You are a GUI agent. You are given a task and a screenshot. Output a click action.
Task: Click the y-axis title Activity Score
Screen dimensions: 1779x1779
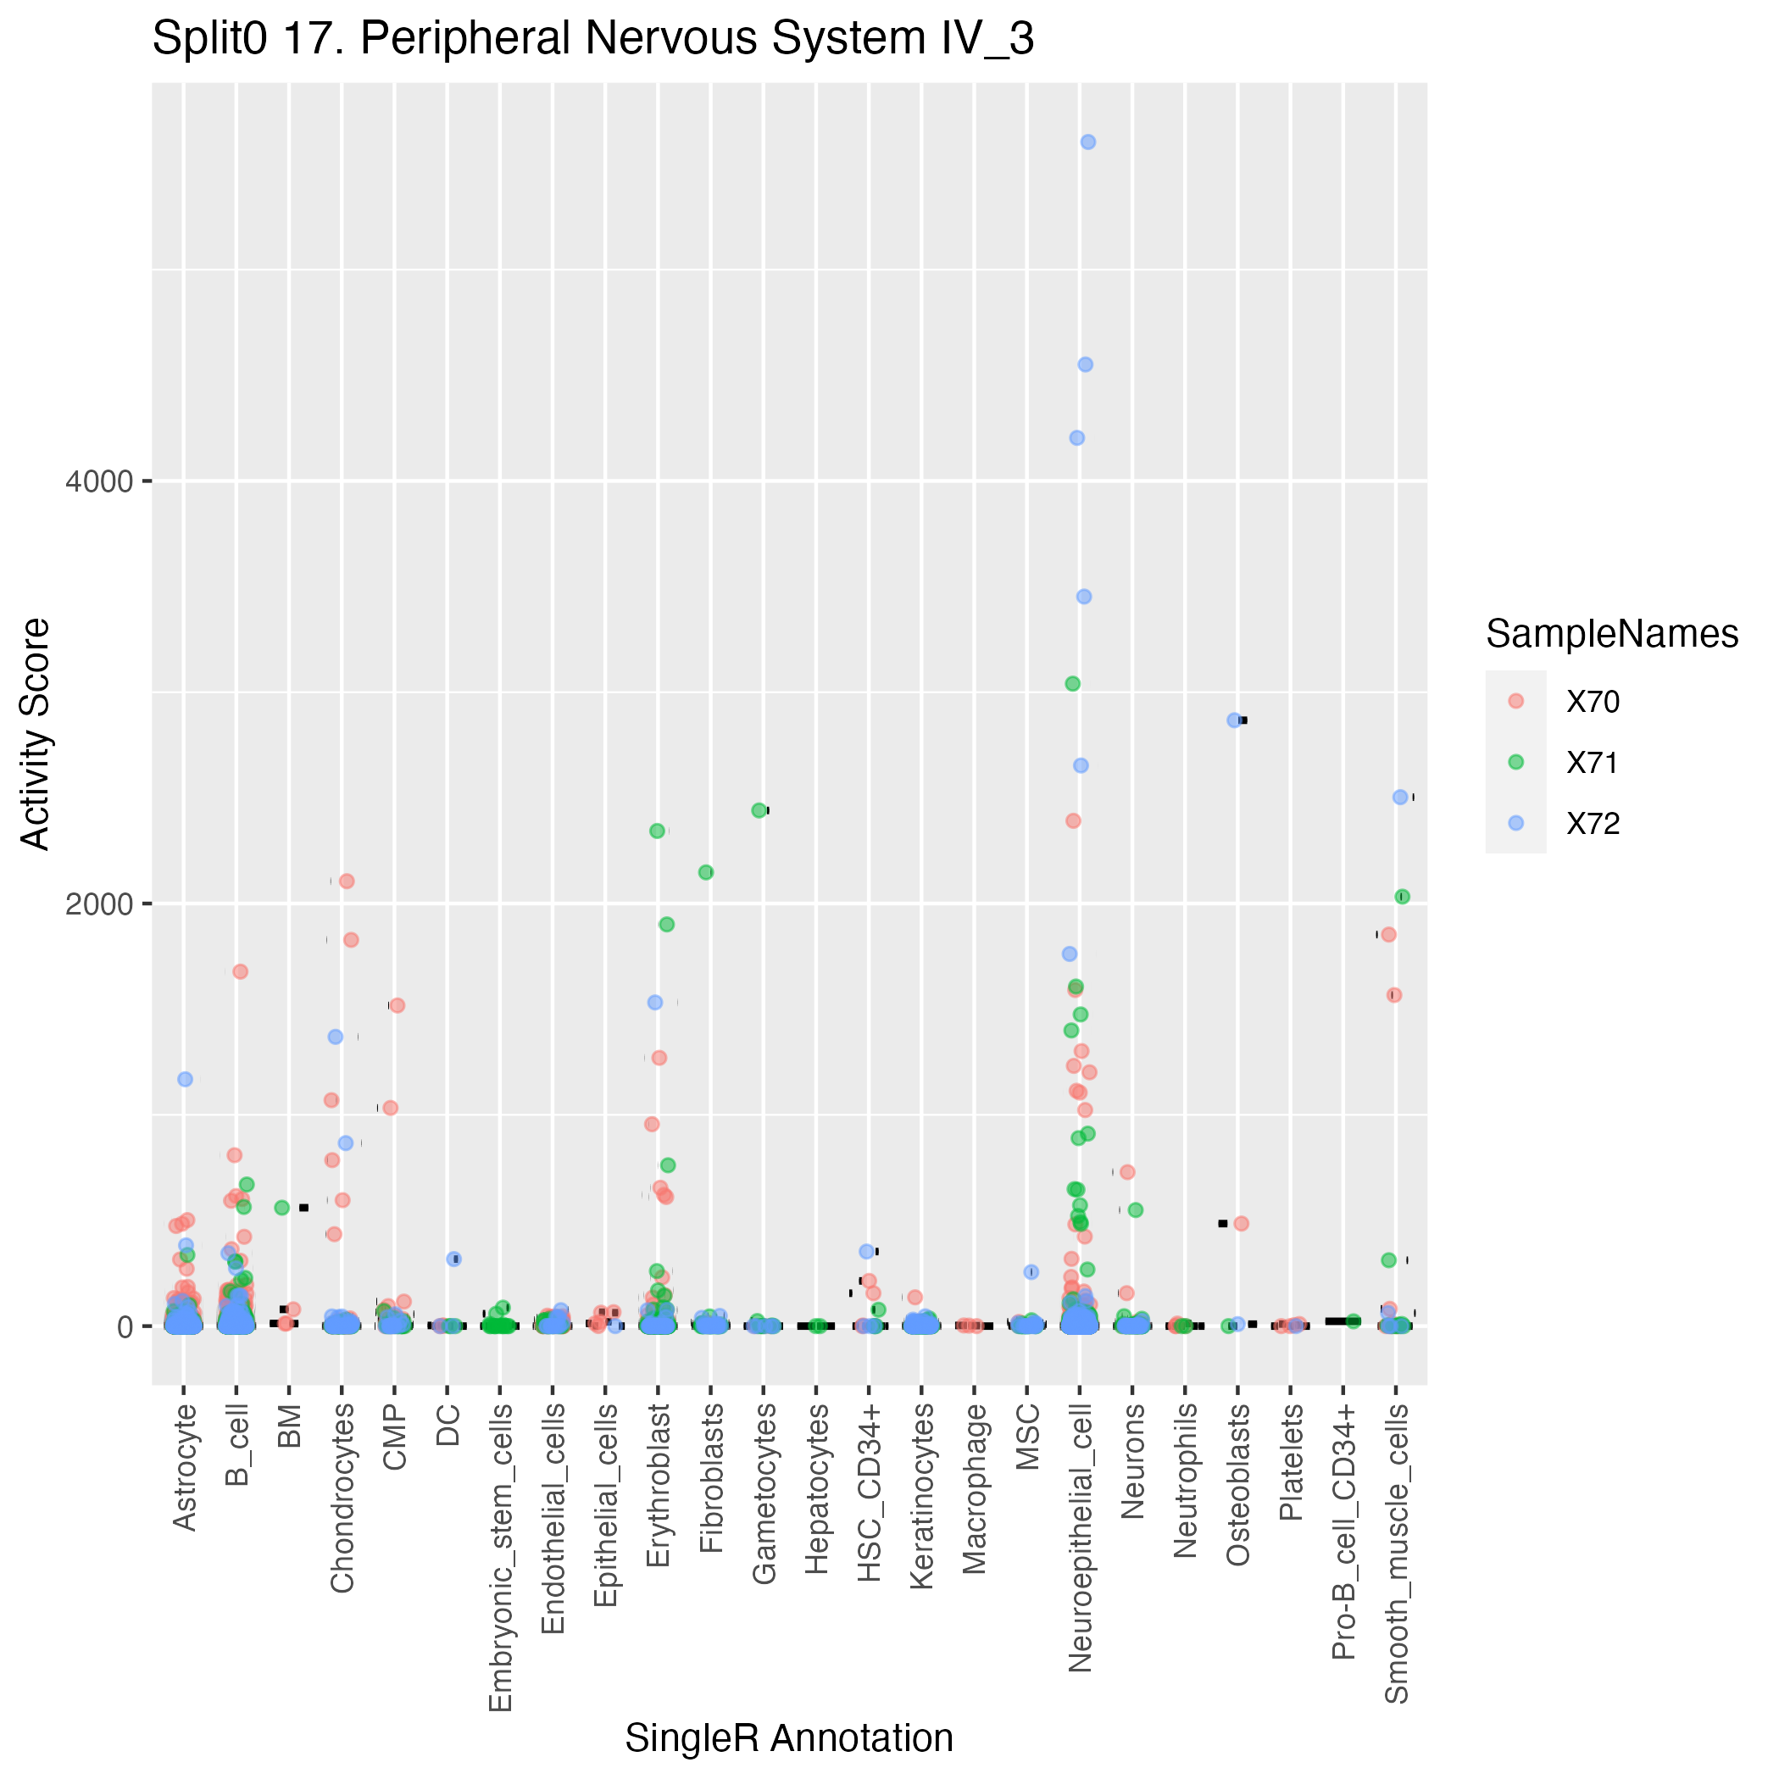coord(35,734)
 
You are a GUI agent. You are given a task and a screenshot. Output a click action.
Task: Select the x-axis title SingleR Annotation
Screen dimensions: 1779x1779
coord(789,1737)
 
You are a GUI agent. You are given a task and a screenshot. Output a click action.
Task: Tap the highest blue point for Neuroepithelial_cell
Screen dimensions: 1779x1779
coord(1087,142)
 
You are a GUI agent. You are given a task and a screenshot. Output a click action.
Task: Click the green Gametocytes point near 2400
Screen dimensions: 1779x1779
coord(759,810)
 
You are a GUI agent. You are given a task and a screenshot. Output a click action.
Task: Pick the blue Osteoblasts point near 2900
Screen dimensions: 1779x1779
coord(1234,720)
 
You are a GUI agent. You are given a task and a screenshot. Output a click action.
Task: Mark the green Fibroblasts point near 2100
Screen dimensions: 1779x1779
coord(706,872)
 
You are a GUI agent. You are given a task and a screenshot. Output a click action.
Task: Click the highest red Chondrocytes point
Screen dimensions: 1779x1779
coord(347,881)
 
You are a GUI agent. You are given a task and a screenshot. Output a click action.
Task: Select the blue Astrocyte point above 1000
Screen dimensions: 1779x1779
coord(185,1079)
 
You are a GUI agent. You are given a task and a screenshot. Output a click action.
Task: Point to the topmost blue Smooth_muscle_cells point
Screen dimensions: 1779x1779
coord(1400,798)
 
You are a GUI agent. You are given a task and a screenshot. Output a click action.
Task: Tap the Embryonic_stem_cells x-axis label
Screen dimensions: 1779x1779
coord(500,1555)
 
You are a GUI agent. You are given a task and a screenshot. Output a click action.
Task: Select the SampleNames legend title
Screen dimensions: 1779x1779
coord(1611,635)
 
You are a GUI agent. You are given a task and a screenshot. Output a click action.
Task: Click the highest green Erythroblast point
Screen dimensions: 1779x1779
coord(658,831)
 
